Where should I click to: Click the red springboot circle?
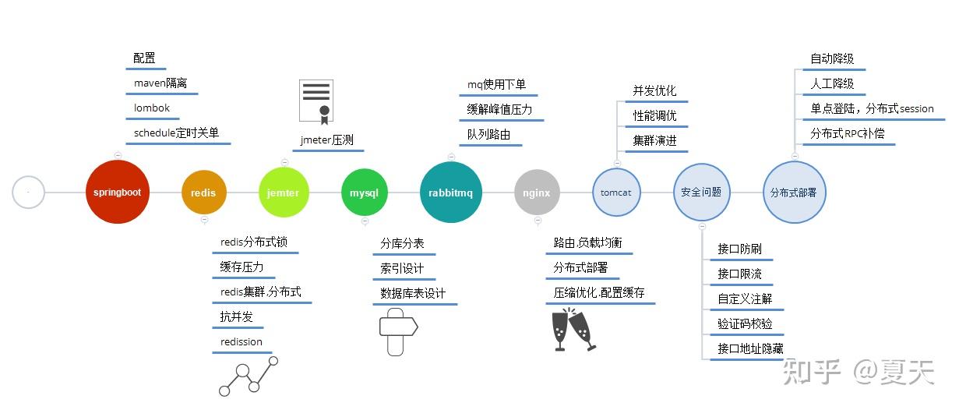coord(117,192)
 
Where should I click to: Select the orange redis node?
coord(204,193)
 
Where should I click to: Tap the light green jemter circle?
coord(284,193)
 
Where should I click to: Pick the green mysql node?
coord(364,193)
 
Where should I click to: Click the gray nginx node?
coord(537,193)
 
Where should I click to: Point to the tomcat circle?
coord(616,192)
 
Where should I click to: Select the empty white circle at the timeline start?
coord(29,192)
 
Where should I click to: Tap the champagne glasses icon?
coord(573,330)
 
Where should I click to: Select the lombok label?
coord(152,108)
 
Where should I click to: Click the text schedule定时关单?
coord(176,133)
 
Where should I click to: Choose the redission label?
coord(242,342)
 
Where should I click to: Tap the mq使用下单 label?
coord(497,84)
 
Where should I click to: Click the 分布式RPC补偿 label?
coord(848,133)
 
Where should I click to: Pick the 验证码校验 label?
coord(745,323)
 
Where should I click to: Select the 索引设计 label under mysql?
coord(402,269)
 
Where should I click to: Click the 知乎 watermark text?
coord(811,372)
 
